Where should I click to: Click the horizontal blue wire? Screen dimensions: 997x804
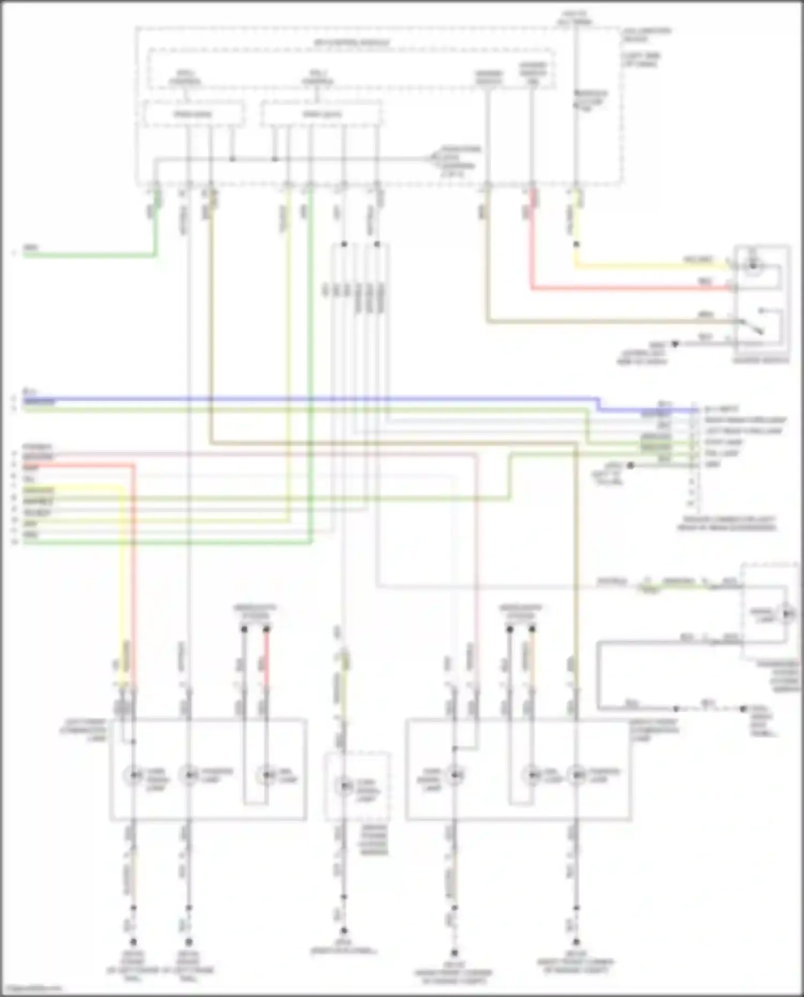pos(322,399)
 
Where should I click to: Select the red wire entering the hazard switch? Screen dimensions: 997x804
pos(632,289)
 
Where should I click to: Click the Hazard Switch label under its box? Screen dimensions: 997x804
pos(761,361)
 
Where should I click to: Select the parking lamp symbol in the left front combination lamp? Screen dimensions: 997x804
pos(188,775)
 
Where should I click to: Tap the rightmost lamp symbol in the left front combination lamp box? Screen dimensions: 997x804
pos(265,776)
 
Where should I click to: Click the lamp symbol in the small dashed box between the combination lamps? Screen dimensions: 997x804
pos(344,786)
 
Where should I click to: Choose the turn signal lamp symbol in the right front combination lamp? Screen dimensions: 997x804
pos(455,775)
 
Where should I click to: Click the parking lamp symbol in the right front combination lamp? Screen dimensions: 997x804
pos(576,775)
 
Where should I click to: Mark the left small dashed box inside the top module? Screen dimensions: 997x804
pos(193,114)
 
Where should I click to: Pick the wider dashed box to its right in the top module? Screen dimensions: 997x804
pos(321,114)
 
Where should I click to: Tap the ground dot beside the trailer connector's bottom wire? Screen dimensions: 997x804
pos(631,466)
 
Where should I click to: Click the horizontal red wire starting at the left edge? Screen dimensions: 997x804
pos(75,466)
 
